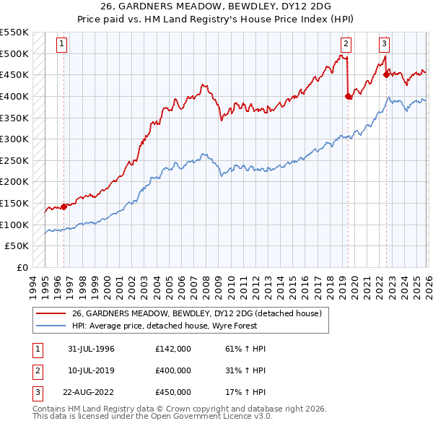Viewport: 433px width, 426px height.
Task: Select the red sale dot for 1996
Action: pos(64,207)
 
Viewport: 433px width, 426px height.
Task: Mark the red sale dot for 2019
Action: pos(348,95)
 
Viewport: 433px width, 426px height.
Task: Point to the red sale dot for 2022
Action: pos(386,74)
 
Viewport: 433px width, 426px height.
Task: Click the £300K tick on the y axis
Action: pos(14,139)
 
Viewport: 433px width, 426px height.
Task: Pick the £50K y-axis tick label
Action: pos(17,245)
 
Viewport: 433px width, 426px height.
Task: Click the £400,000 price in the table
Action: pos(172,370)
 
